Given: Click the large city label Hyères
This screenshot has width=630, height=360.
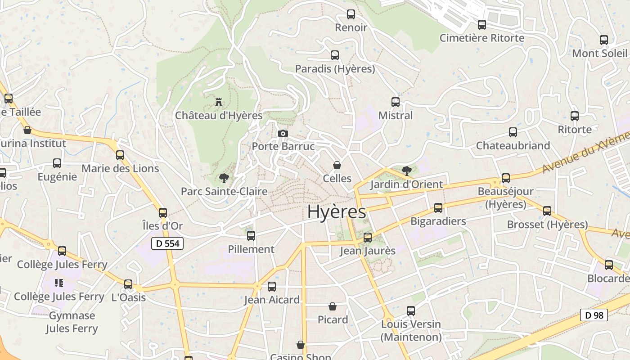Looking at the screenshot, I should click(x=337, y=212).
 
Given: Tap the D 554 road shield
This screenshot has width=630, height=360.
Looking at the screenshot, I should click(x=167, y=244).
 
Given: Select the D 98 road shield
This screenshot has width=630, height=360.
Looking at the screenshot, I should click(x=594, y=315).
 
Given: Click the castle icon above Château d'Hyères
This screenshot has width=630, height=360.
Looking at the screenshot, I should click(x=219, y=102).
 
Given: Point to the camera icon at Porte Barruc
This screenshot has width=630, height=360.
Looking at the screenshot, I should click(x=283, y=133).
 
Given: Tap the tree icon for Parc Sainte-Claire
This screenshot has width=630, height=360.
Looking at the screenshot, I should click(x=223, y=178).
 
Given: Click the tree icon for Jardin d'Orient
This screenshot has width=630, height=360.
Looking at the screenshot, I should click(x=406, y=171).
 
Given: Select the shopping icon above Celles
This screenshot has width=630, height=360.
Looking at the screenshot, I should click(x=337, y=165).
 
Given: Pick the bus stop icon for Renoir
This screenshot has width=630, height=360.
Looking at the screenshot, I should click(x=351, y=14).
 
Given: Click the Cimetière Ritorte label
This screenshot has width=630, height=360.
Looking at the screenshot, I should click(x=481, y=38).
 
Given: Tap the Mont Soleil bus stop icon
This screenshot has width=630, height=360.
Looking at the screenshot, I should click(x=604, y=40).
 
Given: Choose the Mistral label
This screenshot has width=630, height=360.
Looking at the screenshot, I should click(x=395, y=116).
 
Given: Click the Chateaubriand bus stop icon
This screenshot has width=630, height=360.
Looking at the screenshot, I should click(x=513, y=132).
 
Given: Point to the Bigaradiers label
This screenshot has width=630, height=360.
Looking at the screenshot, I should click(x=438, y=221).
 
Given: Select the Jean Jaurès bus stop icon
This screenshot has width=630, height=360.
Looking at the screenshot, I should click(x=368, y=238).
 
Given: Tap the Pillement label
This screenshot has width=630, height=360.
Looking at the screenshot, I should click(x=251, y=249).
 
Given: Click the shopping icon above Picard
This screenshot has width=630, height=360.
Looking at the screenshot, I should click(x=333, y=306).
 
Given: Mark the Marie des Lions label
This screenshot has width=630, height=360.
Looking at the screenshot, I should click(x=120, y=169).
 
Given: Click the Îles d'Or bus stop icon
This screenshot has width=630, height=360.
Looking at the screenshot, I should click(x=163, y=213).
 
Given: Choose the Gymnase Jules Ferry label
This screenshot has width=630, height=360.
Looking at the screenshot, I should click(x=72, y=322).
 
